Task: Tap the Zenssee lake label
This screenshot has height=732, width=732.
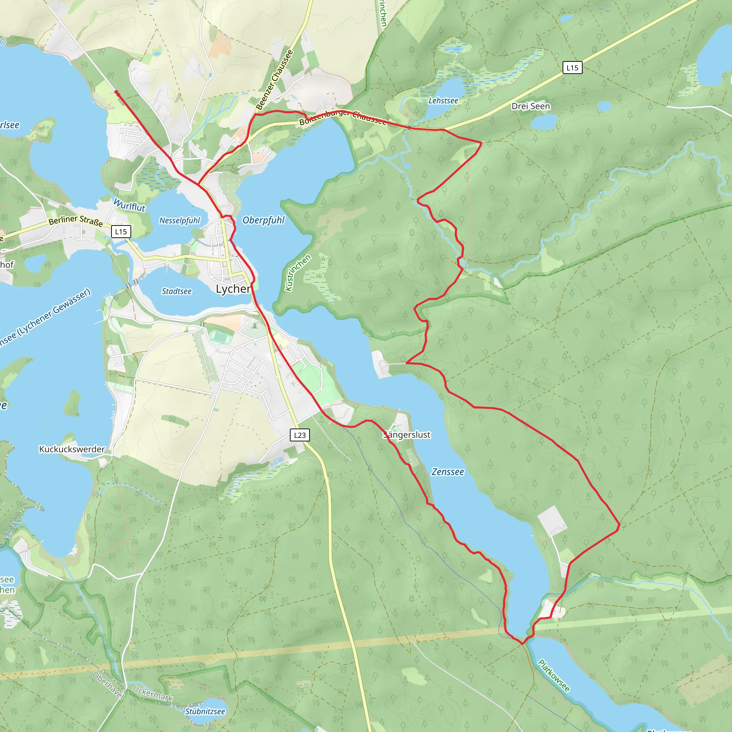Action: point(447,472)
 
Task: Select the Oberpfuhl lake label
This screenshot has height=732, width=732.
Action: point(263,220)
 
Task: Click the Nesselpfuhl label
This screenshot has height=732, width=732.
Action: point(179,221)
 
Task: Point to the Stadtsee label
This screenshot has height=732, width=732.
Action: point(177,291)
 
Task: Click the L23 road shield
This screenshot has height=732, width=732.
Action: point(300,435)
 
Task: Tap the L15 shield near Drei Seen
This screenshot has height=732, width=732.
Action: point(572,68)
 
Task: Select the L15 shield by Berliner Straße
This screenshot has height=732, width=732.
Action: point(121,232)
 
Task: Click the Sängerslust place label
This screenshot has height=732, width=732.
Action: point(406,435)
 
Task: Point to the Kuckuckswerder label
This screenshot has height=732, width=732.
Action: point(72,449)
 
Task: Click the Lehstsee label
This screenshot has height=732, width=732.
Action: point(443,101)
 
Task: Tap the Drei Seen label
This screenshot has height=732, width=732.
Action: point(530,107)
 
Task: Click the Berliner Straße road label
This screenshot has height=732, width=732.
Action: point(76,221)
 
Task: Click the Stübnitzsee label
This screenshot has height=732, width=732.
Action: point(205,712)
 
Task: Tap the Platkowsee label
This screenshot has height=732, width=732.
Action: point(554,676)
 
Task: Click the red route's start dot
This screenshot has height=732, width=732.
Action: point(116,92)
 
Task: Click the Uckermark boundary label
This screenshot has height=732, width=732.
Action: point(153,693)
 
